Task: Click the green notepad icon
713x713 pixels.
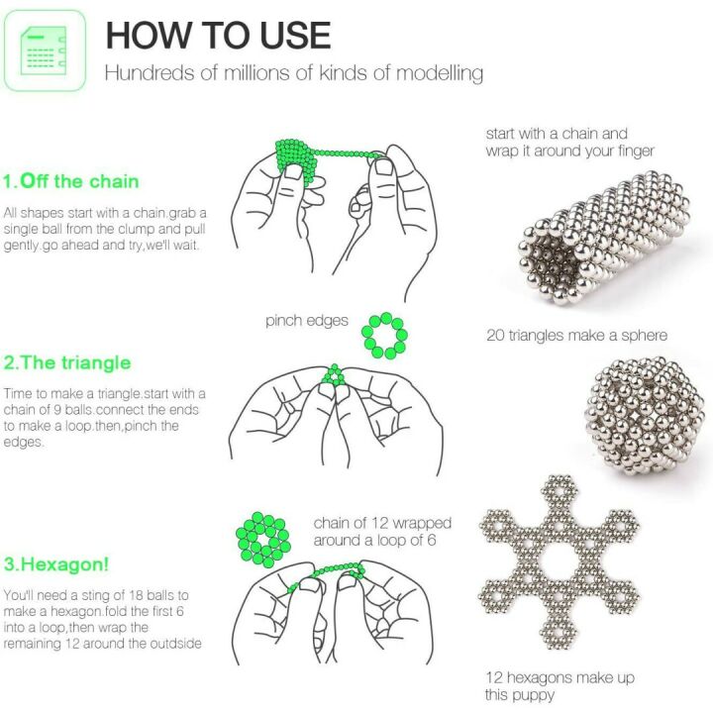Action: click(x=45, y=51)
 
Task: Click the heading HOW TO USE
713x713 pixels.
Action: click(x=218, y=36)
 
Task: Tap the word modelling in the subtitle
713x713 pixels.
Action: click(x=440, y=73)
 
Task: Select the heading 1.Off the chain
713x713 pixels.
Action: click(x=71, y=181)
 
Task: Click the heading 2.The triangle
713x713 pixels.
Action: click(x=67, y=362)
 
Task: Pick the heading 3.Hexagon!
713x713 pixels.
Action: click(x=56, y=564)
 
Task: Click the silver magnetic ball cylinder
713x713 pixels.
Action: click(x=603, y=237)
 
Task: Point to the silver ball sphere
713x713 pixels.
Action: click(x=645, y=415)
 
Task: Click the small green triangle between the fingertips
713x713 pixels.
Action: click(x=335, y=375)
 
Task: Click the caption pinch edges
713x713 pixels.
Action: click(x=307, y=321)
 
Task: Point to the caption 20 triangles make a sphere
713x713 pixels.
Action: click(x=576, y=336)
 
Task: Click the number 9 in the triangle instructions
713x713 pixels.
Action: click(x=57, y=410)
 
